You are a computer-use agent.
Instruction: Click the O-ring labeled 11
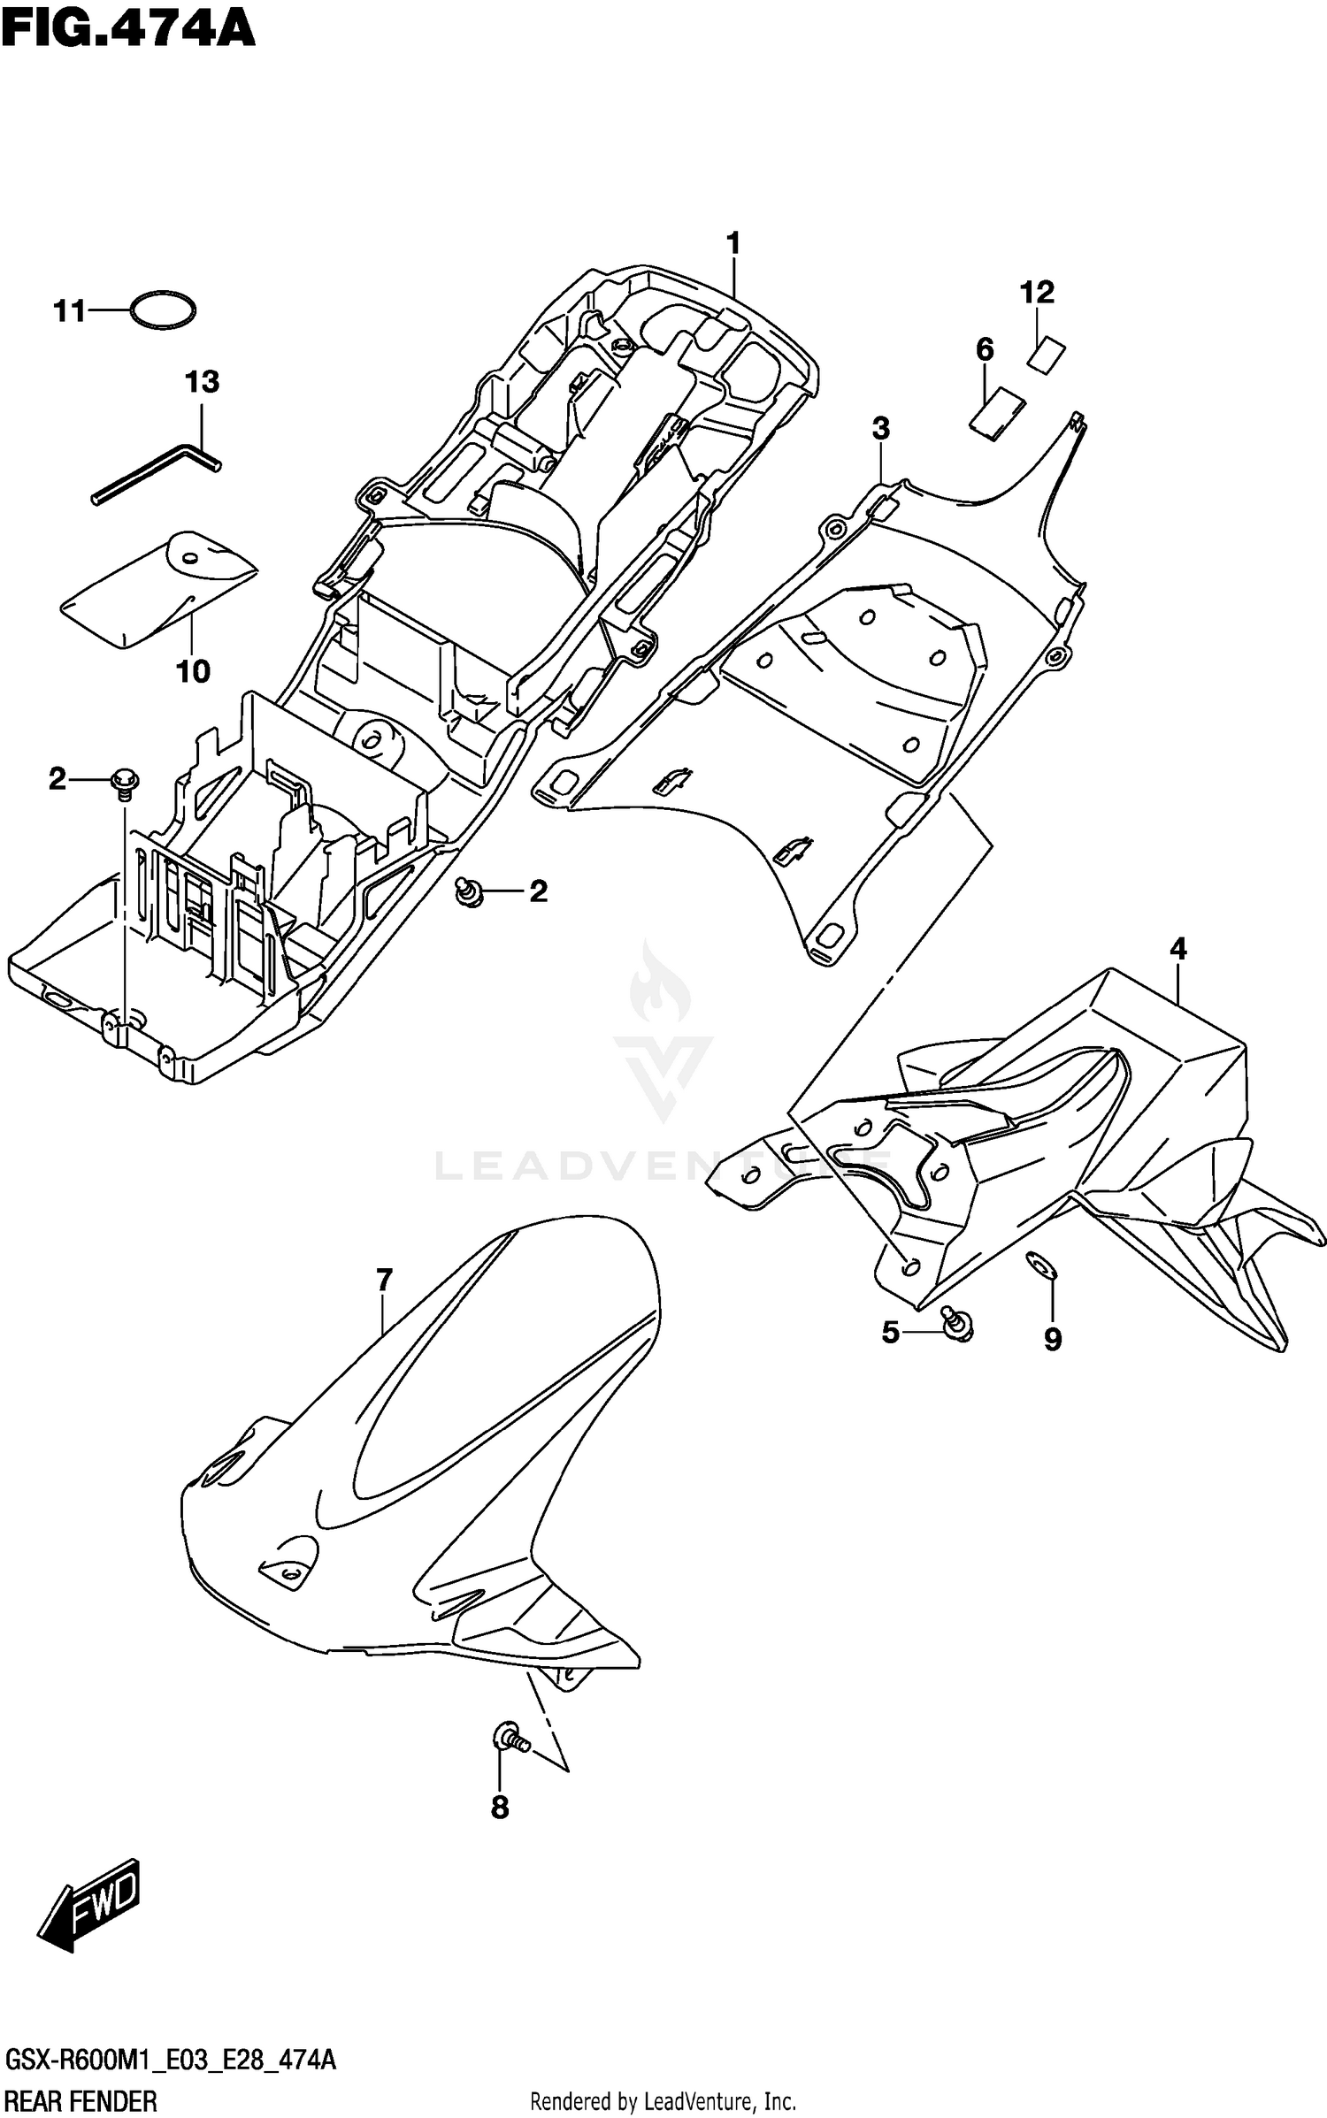point(163,310)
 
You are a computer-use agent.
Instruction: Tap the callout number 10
point(193,672)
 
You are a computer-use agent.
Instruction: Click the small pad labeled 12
point(1047,356)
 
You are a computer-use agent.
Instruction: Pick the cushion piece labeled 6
point(997,413)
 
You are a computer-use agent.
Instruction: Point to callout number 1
point(733,243)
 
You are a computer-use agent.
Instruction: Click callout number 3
point(880,429)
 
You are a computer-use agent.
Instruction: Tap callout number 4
point(1177,950)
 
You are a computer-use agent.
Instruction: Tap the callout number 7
point(383,1280)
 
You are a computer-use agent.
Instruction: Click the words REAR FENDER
point(81,2098)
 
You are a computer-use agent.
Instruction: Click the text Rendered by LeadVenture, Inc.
point(663,2099)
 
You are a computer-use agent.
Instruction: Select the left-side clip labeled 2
point(122,782)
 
